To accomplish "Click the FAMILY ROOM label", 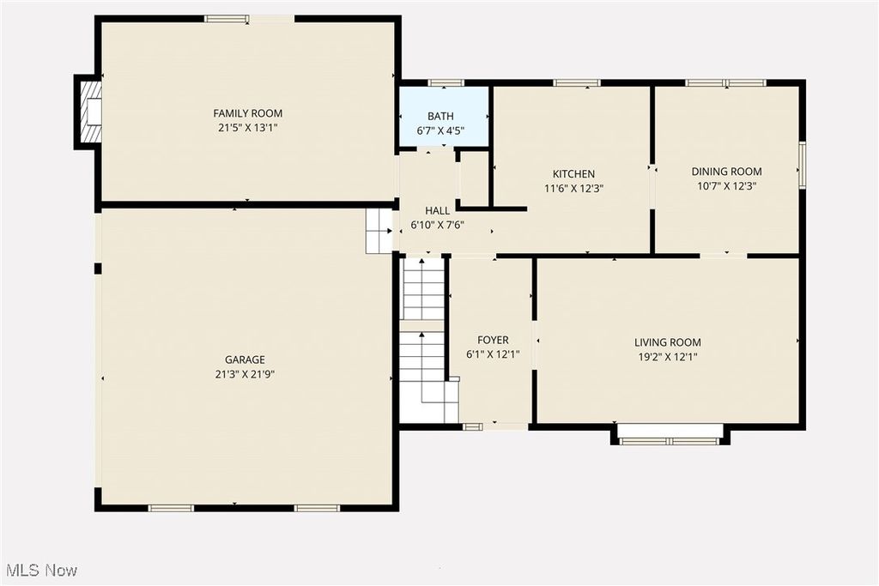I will (x=247, y=113).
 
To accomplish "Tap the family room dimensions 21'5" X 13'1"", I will (x=247, y=127).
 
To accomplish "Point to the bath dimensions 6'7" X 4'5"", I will (x=440, y=131).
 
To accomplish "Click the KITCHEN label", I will (x=573, y=174).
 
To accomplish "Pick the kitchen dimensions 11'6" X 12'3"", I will (x=573, y=188).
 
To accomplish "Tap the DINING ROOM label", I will (x=726, y=172).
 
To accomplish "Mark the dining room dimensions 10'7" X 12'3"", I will (x=726, y=185).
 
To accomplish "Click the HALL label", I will (x=437, y=211).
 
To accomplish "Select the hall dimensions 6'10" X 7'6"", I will (x=437, y=225).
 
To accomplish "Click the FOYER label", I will (x=493, y=341).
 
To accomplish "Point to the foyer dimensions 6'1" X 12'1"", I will (x=493, y=354).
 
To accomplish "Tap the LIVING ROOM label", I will (x=667, y=342).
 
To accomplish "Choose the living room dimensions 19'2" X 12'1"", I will (x=667, y=356).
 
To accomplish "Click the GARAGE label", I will (x=245, y=360).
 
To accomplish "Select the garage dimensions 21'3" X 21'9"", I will (x=245, y=374).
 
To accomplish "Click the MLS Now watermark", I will (x=41, y=570).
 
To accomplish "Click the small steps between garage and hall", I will (x=379, y=231).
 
